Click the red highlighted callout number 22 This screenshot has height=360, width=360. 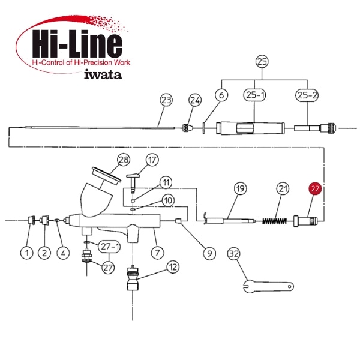[x=315, y=188]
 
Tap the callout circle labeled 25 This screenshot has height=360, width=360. [x=262, y=62]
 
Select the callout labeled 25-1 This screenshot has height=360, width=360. [x=254, y=95]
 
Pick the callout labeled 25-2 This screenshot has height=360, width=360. [x=307, y=95]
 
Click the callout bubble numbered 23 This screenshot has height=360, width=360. [x=166, y=100]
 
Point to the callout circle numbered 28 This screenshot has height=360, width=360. [x=124, y=160]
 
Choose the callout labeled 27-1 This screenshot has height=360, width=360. [x=109, y=247]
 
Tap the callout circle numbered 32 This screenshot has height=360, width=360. [x=234, y=254]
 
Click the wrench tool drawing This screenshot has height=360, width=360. [x=268, y=286]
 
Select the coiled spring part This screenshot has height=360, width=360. [x=274, y=221]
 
